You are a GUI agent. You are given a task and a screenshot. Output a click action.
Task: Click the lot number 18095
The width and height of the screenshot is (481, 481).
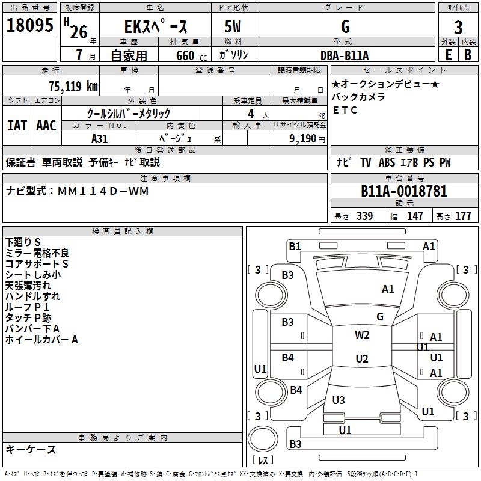[x=29, y=25]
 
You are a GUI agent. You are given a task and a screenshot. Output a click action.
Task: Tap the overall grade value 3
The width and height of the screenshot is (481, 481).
[x=458, y=28]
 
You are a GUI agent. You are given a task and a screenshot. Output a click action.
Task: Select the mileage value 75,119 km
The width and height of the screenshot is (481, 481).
[x=73, y=87]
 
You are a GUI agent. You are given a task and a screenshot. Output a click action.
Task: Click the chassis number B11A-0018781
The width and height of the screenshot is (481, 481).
[x=404, y=191]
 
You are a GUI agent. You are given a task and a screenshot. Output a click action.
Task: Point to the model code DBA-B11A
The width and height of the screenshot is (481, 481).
[x=345, y=55]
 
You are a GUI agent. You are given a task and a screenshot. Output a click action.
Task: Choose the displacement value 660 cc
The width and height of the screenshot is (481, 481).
[x=191, y=56]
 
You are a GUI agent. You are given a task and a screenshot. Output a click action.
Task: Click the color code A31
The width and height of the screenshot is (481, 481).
[x=99, y=139]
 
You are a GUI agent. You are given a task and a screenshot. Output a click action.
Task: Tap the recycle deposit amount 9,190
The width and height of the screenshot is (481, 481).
[x=302, y=139]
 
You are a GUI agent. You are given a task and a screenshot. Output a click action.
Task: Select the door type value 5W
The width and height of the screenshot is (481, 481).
[x=233, y=26]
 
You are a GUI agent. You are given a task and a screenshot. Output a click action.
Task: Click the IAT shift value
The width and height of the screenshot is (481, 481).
[x=17, y=126]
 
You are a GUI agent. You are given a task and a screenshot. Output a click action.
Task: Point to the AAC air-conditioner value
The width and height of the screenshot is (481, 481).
[x=46, y=126]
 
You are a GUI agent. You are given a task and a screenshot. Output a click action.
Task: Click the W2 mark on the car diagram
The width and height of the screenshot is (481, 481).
[x=362, y=335]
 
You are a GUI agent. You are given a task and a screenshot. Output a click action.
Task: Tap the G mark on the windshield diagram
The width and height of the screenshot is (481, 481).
[x=380, y=317]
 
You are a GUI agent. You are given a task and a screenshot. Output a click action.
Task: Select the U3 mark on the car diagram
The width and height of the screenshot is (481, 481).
[x=339, y=400]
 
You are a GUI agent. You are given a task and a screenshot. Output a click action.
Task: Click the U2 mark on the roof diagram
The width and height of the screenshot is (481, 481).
[x=362, y=358]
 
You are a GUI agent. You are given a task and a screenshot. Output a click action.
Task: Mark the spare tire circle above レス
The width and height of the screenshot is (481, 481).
[x=263, y=439]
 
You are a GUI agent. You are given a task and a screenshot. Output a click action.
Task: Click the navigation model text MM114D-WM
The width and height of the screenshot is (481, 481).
[x=103, y=191]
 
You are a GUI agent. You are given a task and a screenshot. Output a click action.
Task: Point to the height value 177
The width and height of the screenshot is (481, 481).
[x=463, y=216]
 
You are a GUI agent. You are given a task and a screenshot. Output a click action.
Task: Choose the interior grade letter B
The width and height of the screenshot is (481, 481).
[x=468, y=55]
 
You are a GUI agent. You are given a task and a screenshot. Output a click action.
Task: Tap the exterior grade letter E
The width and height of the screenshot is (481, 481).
[x=449, y=55]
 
